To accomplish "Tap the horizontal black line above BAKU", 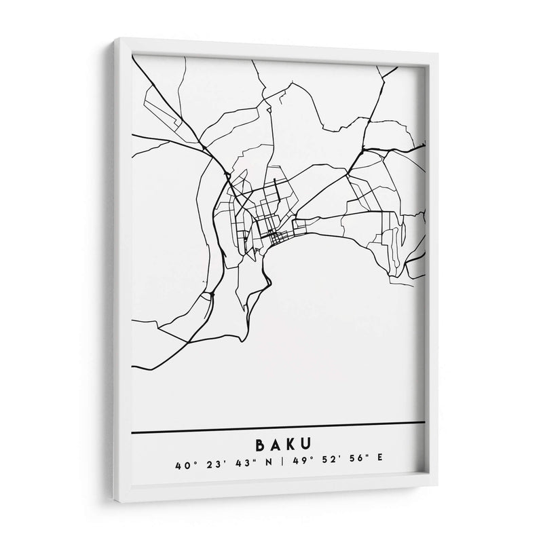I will coord(278,427).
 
